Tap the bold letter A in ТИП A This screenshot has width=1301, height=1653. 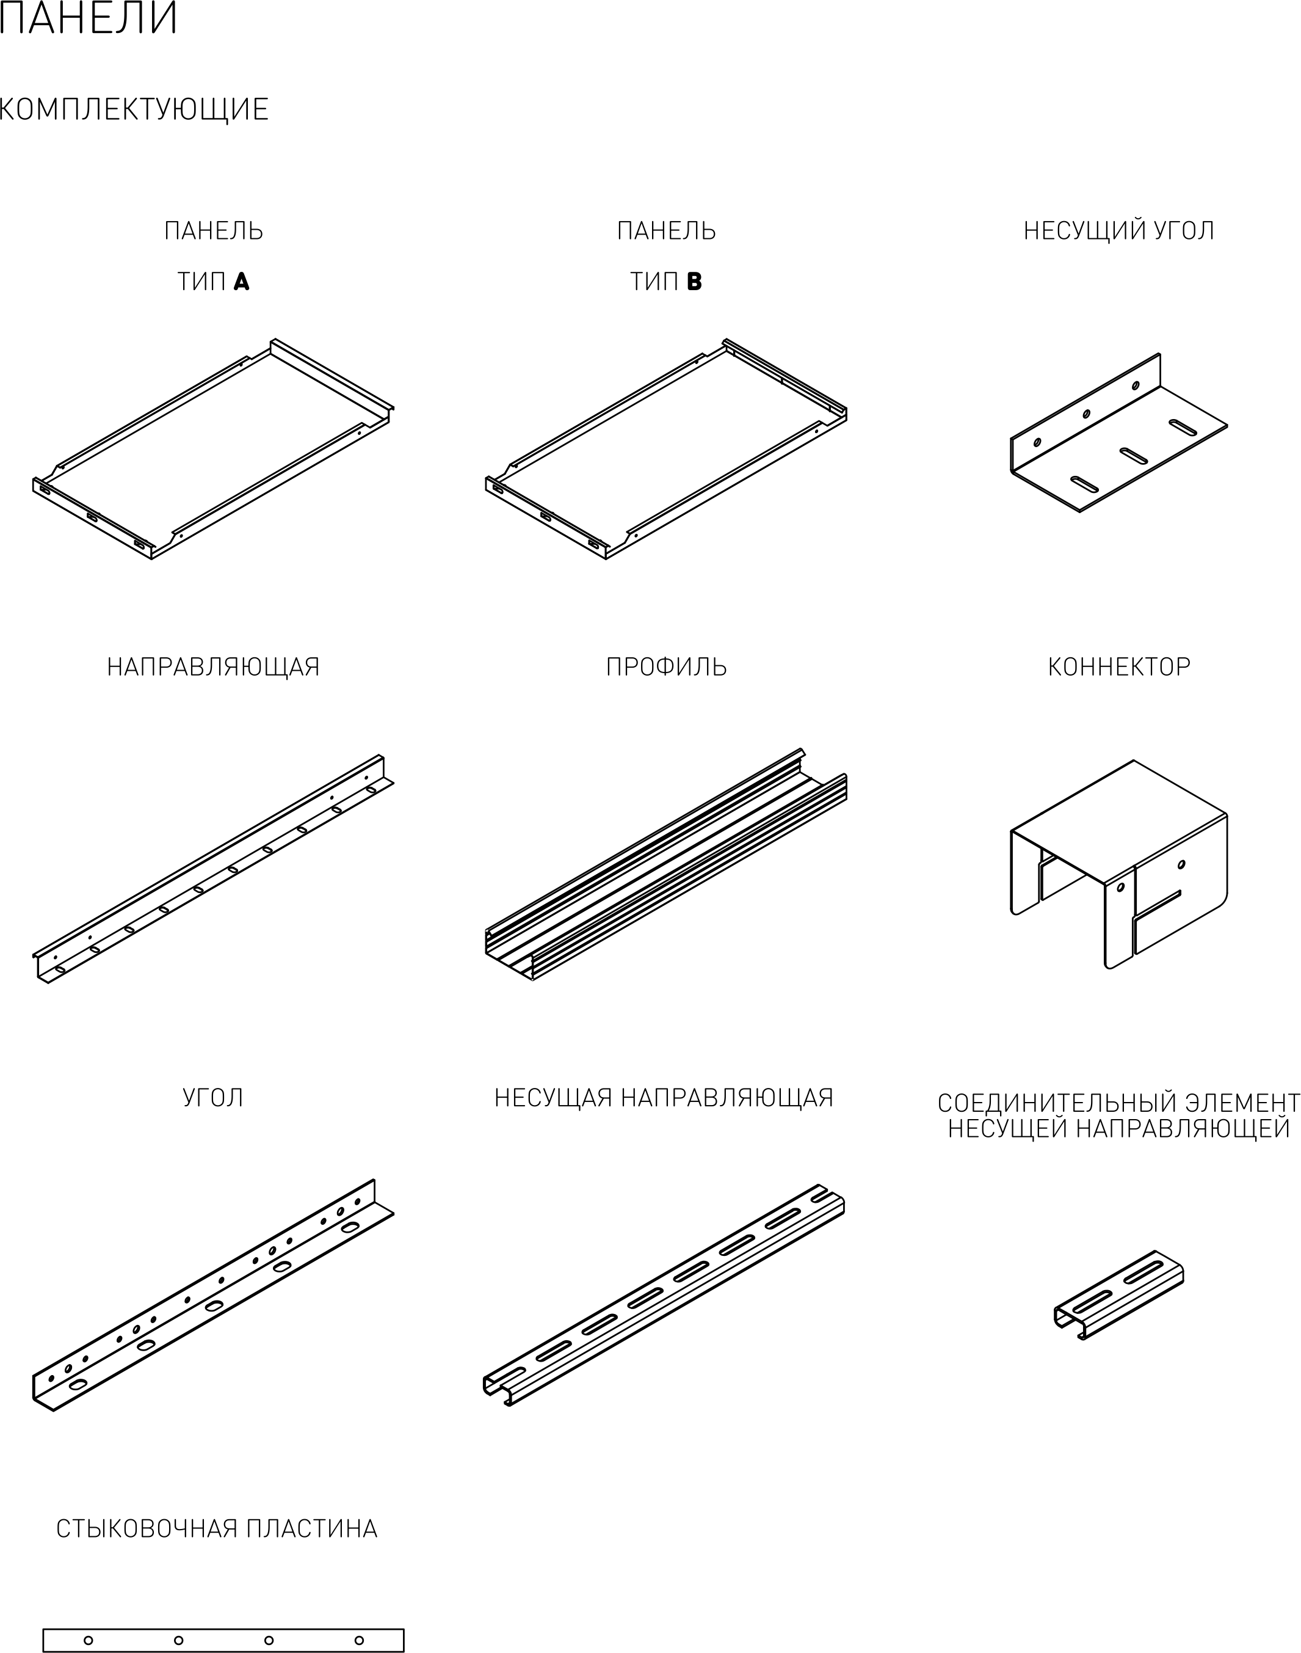coord(242,282)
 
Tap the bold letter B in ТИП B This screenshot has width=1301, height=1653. coord(694,282)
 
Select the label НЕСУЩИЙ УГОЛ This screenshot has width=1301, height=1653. coord(1119,230)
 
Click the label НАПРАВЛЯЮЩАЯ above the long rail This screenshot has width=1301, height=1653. coord(213,667)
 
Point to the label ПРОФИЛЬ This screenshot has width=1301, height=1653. coord(667,667)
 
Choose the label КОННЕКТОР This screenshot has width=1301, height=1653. coord(1119,667)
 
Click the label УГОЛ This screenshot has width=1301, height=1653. coord(213,1098)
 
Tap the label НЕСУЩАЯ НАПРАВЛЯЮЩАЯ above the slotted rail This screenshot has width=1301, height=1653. coord(664,1098)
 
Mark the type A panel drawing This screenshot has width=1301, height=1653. coord(213,449)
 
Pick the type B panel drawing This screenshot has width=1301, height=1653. coord(667,449)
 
